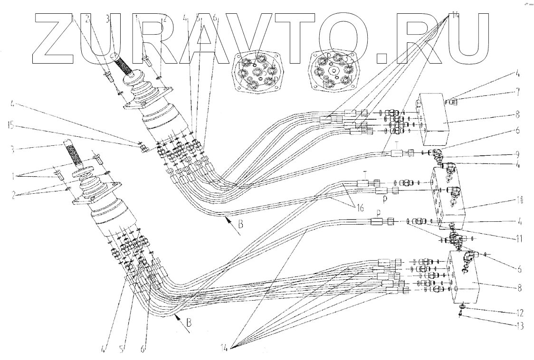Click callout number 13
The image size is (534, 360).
coord(519,325)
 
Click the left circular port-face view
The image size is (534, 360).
coord(256,72)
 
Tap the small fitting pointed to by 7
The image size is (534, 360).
coord(453,101)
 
